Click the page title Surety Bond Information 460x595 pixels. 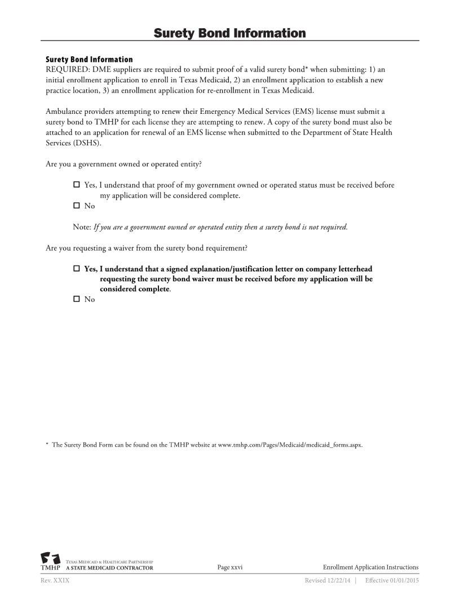229,33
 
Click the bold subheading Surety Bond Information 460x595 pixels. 89,59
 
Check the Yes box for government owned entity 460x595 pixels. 77,185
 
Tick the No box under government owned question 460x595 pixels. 77,206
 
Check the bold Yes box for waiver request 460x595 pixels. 77,269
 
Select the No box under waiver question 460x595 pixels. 77,300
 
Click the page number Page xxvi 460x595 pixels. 230,567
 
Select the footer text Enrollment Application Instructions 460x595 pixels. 370,567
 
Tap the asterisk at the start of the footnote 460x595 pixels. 47,445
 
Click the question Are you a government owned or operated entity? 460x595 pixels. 123,165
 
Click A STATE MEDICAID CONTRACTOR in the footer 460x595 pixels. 109,569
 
